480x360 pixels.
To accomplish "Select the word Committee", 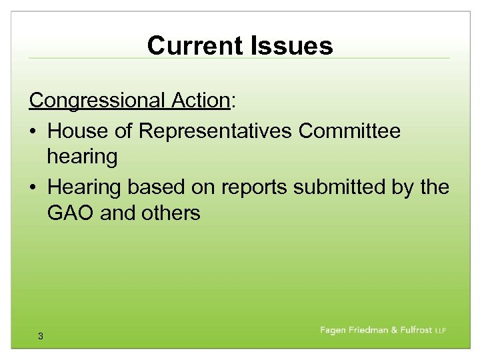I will pyautogui.click(x=350, y=131).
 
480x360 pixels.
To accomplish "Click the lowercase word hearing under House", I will pyautogui.click(x=82, y=157).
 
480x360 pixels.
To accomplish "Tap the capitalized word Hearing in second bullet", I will pyautogui.click(x=85, y=187).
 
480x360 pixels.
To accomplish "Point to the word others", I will pyautogui.click(x=171, y=213).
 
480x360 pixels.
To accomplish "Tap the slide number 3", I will pyautogui.click(x=41, y=337).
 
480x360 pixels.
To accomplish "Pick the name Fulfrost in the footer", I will pyautogui.click(x=411, y=331).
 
